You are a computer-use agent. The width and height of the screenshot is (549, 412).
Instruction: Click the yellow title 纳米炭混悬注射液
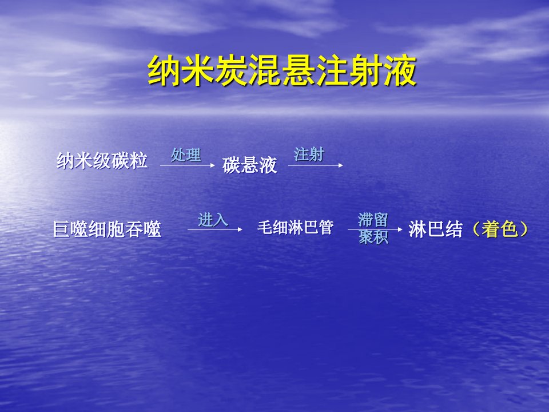tap(282, 71)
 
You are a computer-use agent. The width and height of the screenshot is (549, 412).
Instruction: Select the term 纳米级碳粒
tap(102, 161)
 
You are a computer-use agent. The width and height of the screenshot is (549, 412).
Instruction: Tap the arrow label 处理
tap(186, 155)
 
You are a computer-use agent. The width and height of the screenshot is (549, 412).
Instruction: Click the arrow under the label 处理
tap(188, 165)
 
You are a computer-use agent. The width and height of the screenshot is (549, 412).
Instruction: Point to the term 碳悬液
tap(250, 165)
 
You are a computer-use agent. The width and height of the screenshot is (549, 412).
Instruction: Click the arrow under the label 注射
tap(316, 165)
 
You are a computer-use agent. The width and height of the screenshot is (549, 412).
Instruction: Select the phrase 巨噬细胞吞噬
tap(107, 229)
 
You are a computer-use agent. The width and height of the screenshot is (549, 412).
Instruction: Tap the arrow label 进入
tap(213, 220)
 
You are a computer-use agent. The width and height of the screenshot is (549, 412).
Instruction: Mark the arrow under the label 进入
tap(215, 229)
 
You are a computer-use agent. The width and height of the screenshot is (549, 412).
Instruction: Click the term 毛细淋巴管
tap(296, 227)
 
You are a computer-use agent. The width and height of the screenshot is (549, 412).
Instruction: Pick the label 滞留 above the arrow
tap(373, 220)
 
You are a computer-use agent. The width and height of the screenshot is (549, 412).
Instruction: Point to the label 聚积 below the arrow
tap(373, 237)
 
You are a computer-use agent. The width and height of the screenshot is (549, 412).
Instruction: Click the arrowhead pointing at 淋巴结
tap(400, 229)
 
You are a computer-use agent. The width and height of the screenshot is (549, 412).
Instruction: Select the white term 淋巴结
tap(436, 229)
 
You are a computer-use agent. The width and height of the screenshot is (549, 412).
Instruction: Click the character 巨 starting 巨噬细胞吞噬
tap(62, 229)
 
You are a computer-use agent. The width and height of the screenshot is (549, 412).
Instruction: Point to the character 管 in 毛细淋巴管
tap(326, 227)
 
